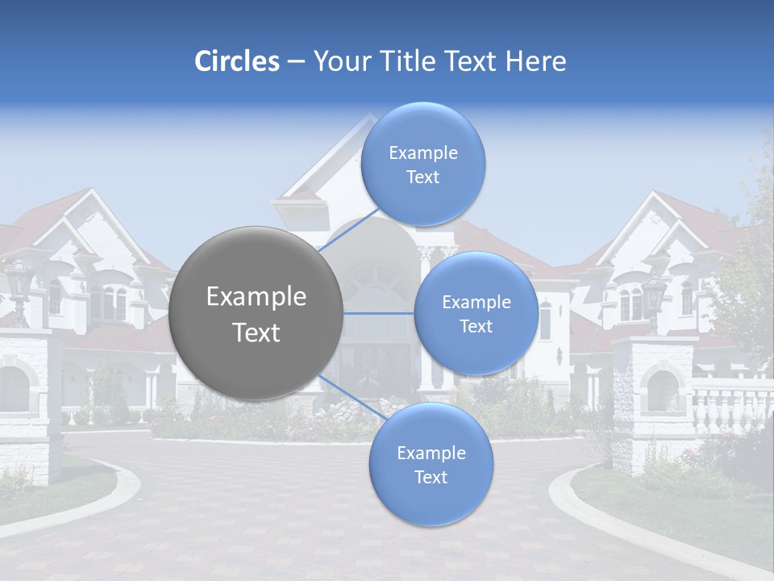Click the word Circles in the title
tap(237, 61)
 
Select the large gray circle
tap(256, 313)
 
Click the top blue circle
tap(422, 165)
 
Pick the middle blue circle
tap(476, 313)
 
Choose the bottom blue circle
tap(431, 465)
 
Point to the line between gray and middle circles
tap(379, 313)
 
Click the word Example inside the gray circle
tap(256, 297)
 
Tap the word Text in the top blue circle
tap(422, 178)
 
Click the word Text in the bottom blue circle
tap(431, 478)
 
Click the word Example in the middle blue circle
tap(476, 303)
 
